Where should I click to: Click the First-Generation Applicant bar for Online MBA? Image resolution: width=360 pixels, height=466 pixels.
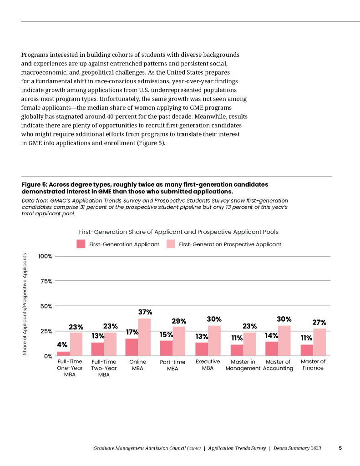132,347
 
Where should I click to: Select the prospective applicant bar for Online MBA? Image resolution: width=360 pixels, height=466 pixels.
144,337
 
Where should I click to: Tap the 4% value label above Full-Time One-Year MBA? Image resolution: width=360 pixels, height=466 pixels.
62,345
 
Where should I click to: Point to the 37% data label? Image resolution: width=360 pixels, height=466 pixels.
145,312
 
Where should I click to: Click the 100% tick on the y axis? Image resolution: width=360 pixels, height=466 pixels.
46,256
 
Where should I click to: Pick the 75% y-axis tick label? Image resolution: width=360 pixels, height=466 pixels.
47,281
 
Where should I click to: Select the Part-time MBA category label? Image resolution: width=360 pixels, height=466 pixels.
172,365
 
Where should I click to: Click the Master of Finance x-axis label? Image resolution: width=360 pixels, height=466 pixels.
313,365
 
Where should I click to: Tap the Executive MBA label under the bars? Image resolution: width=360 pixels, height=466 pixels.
208,365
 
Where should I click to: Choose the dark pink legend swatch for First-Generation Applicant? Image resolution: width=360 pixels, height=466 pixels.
81,244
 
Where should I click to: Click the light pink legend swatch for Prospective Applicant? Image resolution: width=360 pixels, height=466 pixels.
171,244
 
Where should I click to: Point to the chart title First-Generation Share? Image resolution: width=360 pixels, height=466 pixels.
179,232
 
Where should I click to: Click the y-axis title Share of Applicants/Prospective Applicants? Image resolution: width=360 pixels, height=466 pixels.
25,304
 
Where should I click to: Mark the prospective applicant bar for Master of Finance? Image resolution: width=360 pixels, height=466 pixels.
319,342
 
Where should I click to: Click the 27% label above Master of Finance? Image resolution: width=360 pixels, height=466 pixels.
319,322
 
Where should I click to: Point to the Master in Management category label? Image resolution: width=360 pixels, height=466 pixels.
243,365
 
